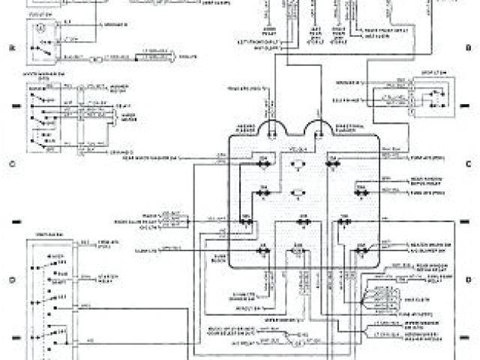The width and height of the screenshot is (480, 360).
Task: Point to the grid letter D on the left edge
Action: click(11, 279)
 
